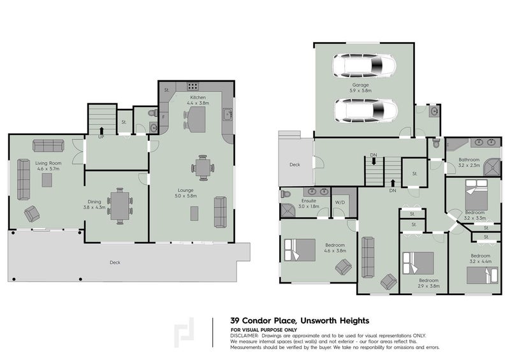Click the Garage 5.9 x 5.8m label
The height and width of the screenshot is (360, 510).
coord(361,87)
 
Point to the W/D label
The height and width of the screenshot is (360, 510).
coord(340,203)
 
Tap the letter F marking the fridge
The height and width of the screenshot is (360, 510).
coord(164,117)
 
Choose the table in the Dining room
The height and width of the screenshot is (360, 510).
coord(119,205)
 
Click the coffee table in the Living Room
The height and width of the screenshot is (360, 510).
coord(47,180)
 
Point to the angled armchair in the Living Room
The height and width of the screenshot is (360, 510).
coord(31,214)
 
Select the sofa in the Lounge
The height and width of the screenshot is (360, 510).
coord(221,212)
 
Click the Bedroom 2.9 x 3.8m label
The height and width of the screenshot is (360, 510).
coord(429,283)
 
